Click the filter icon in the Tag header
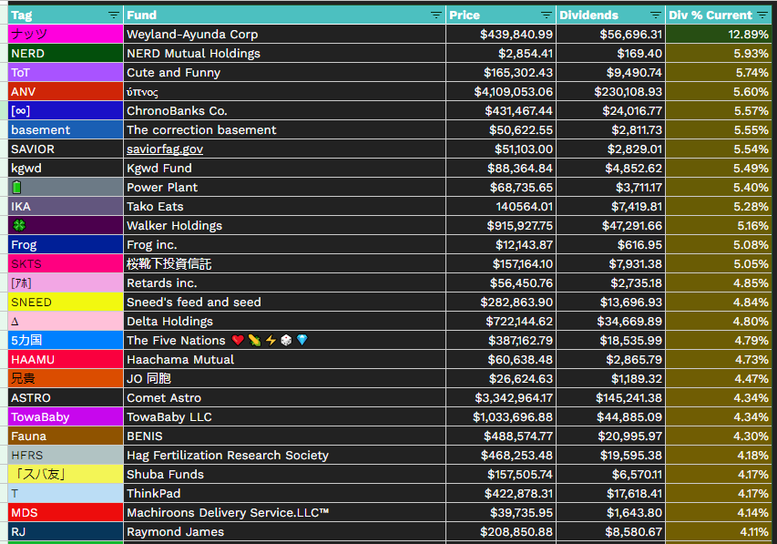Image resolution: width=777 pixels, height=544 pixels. point(113,15)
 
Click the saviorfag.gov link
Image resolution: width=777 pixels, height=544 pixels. point(165,149)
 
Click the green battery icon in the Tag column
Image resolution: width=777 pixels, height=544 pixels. point(16,187)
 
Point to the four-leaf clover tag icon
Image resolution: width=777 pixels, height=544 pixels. point(17,225)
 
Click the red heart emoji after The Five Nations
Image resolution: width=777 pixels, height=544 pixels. point(238,340)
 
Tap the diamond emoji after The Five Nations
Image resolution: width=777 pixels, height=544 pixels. point(302,340)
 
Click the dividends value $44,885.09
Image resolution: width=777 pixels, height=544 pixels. point(628,416)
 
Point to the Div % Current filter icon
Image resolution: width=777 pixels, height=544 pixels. point(762,15)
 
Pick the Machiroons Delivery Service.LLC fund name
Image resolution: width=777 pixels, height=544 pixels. point(228,512)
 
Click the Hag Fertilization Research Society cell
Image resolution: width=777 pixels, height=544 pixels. point(227,455)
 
